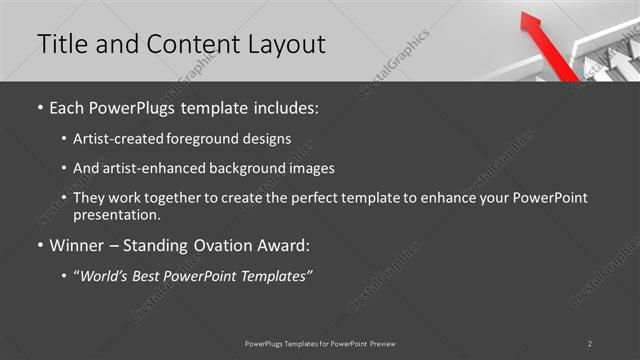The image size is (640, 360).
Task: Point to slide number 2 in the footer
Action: click(590, 343)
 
